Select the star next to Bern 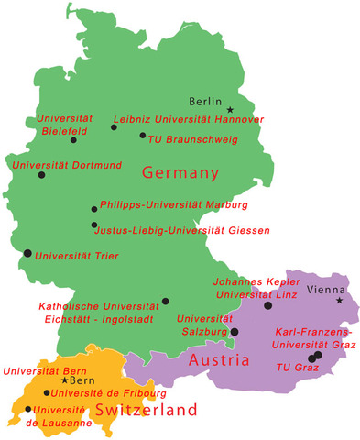click(x=63, y=379)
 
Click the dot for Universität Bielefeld click(x=74, y=140)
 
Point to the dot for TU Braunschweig click(x=143, y=136)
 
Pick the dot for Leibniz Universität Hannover click(x=114, y=127)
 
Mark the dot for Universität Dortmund click(x=40, y=174)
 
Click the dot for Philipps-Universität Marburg click(x=94, y=209)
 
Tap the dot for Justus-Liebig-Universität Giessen click(x=94, y=225)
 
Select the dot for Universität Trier click(x=27, y=252)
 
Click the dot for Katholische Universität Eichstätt click(x=165, y=301)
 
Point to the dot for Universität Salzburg click(x=235, y=332)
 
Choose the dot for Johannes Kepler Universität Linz click(x=268, y=305)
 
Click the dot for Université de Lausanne click(x=28, y=410)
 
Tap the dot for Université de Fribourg click(x=47, y=392)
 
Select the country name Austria click(x=219, y=360)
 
